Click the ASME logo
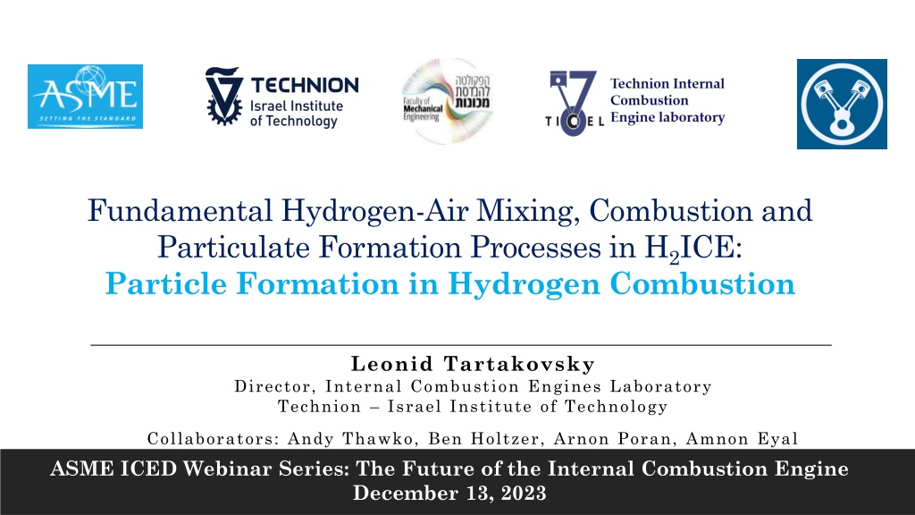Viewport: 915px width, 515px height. [x=85, y=97]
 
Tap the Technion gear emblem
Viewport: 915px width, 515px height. [x=223, y=96]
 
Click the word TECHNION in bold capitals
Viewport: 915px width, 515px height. [x=305, y=85]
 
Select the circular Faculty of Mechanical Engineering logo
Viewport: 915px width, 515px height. [x=448, y=101]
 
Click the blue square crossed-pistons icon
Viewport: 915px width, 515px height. [x=842, y=104]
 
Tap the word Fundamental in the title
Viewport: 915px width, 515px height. [x=180, y=210]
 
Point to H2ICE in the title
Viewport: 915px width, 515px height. [x=693, y=249]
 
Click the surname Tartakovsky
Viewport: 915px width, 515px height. [x=519, y=364]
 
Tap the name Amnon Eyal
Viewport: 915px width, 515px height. [x=742, y=439]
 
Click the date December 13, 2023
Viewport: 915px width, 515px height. [x=449, y=494]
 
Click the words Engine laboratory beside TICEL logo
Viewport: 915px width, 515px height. [x=667, y=117]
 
